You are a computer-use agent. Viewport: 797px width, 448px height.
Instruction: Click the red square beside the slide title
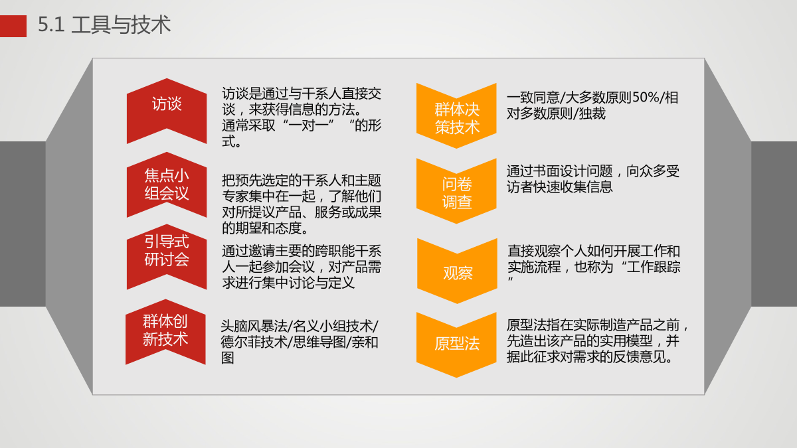point(13,26)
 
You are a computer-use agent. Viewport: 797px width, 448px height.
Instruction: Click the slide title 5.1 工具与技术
point(104,25)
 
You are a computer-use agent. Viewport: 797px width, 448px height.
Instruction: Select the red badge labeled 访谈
point(167,111)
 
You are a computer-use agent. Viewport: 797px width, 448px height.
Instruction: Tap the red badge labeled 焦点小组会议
point(167,185)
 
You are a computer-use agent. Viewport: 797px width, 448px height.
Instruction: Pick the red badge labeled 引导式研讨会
point(167,257)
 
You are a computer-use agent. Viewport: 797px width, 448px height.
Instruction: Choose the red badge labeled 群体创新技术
point(165,332)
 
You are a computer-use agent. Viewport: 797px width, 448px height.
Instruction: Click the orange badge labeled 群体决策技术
point(456,116)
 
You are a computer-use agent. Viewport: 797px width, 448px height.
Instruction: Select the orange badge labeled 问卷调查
point(456,191)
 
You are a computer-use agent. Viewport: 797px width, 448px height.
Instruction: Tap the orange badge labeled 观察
point(457,271)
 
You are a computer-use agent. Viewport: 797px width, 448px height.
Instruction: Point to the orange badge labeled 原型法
point(456,345)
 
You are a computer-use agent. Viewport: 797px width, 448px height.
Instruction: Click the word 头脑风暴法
point(254,326)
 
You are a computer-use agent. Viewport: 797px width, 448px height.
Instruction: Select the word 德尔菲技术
point(254,342)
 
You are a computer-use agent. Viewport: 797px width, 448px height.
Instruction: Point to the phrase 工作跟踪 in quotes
point(654,267)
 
